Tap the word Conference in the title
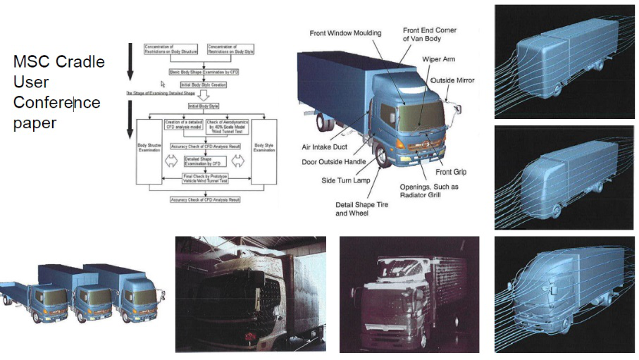(x=57, y=103)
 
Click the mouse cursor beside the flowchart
(x=163, y=83)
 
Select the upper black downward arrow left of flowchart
(x=130, y=59)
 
